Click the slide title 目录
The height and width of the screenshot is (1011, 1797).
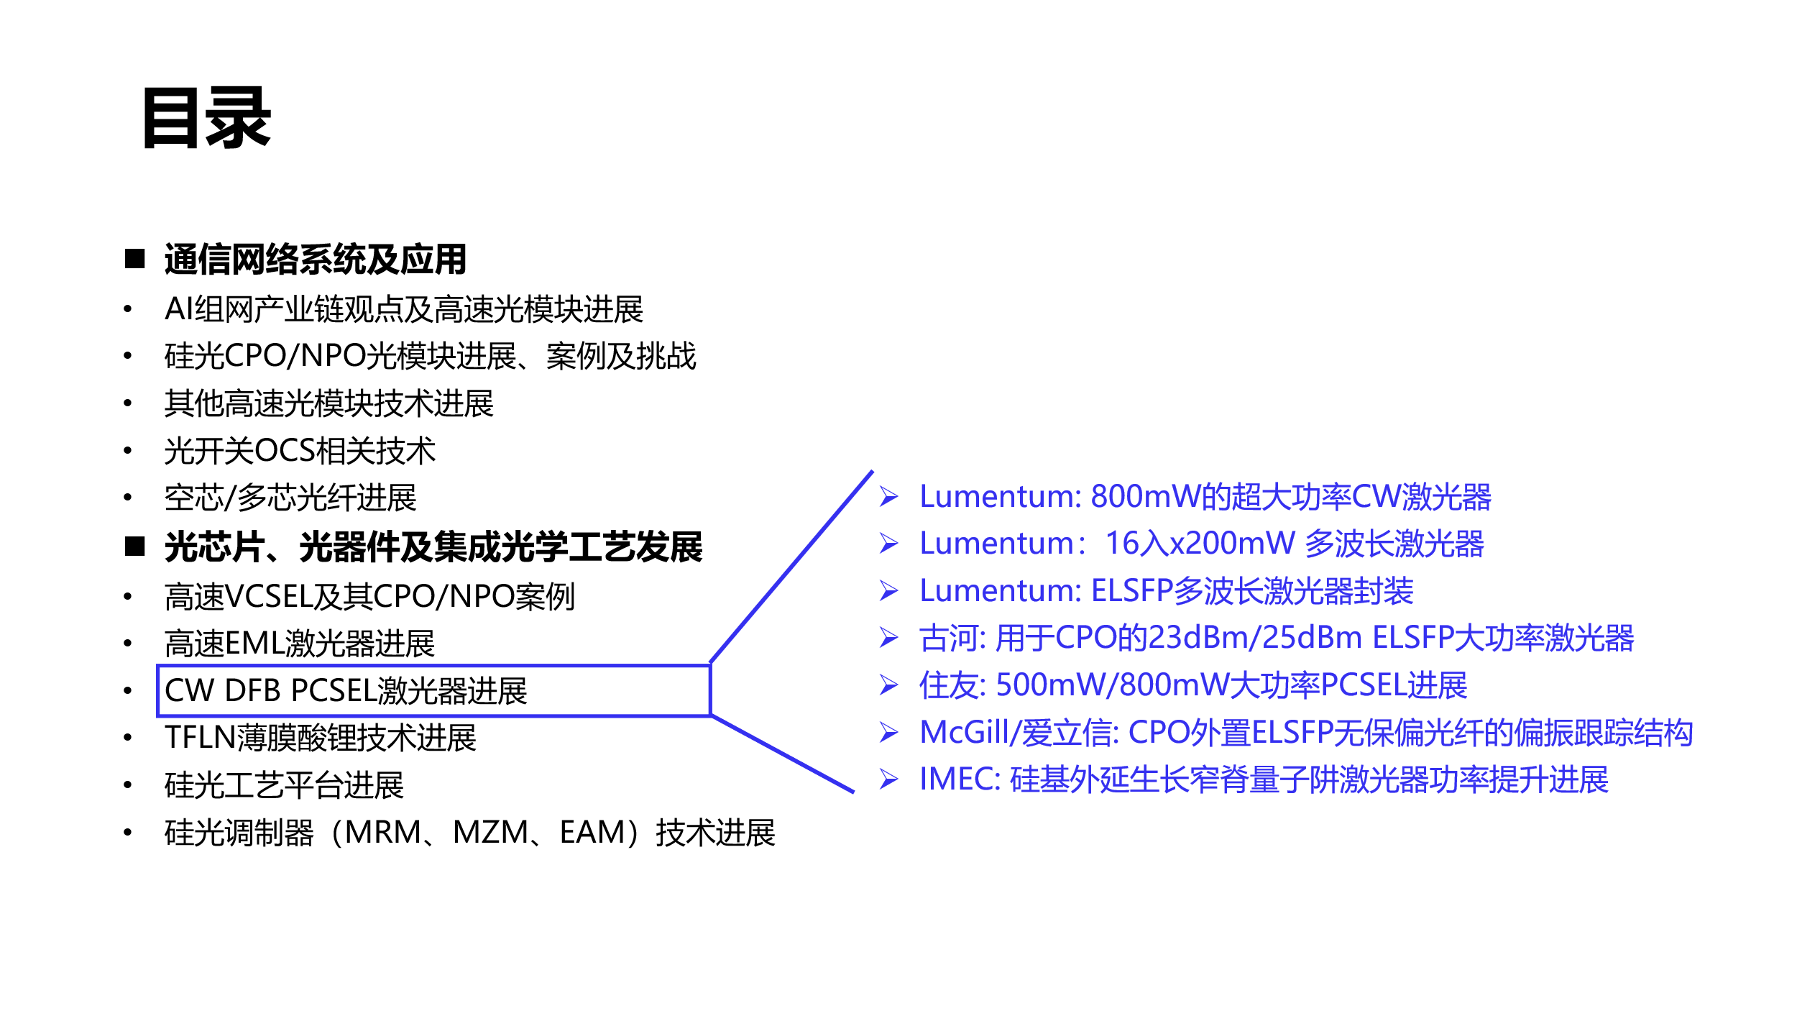click(x=207, y=119)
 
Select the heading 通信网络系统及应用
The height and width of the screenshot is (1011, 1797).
click(x=316, y=260)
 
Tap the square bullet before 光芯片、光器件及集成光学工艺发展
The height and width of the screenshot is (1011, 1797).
click(x=135, y=546)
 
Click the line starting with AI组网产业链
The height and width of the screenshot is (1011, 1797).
click(x=404, y=310)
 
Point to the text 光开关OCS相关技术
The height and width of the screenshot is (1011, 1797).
click(x=300, y=451)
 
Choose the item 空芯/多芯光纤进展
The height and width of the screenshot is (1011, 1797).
click(x=290, y=498)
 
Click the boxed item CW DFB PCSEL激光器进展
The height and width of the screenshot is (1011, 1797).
click(x=346, y=690)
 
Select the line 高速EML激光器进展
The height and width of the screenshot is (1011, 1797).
click(x=300, y=643)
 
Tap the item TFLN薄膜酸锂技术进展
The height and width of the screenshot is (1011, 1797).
click(x=321, y=738)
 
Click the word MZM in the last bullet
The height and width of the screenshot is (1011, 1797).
click(x=490, y=833)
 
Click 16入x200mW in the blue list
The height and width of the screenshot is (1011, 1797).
click(x=1200, y=544)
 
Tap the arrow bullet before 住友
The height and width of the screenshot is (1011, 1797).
click(x=889, y=685)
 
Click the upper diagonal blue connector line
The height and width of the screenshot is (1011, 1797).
click(x=791, y=567)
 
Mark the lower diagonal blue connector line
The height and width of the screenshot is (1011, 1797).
click(x=783, y=754)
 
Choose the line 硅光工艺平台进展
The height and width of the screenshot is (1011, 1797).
click(x=284, y=785)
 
